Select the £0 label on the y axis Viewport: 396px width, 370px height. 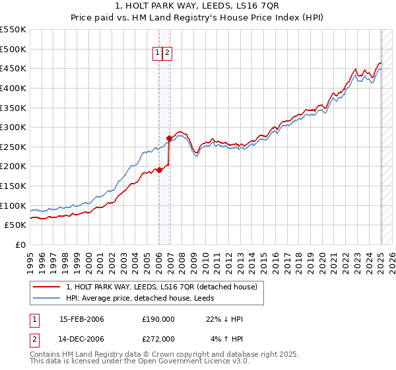coord(21,245)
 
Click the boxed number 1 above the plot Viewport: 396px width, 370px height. coord(158,54)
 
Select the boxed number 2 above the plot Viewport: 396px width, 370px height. coord(167,54)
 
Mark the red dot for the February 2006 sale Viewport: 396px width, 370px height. coord(159,170)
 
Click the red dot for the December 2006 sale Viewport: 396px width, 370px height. coord(169,138)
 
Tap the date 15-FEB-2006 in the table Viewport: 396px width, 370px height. coord(82,319)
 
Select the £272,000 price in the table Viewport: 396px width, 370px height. coord(158,338)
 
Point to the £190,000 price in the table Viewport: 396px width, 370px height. coord(158,319)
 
